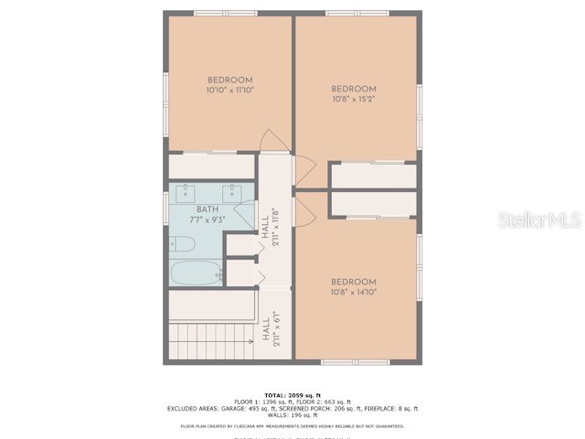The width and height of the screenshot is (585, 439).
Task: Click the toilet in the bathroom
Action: click(x=183, y=244)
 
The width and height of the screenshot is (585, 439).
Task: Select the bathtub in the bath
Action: click(x=196, y=273)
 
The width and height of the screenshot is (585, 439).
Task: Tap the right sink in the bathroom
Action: click(x=232, y=192)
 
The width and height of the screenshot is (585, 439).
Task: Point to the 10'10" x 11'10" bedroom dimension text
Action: click(x=229, y=91)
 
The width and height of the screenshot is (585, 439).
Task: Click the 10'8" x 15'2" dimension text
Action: click(x=353, y=99)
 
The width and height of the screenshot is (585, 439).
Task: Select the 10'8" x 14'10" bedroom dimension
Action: click(x=353, y=292)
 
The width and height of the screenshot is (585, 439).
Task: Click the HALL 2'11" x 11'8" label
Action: click(x=269, y=226)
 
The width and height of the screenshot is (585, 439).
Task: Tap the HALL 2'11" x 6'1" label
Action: click(x=269, y=329)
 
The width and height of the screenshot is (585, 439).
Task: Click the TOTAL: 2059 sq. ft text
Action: click(x=292, y=395)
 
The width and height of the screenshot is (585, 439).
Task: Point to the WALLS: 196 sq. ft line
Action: click(x=292, y=414)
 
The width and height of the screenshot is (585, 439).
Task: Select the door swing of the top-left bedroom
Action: click(x=273, y=141)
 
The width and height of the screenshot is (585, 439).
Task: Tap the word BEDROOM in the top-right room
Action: click(x=353, y=89)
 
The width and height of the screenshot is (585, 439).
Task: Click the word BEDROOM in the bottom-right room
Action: click(x=353, y=282)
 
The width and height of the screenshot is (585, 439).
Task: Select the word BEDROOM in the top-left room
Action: click(x=229, y=80)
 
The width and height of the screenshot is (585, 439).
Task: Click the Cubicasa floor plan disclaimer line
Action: click(x=292, y=425)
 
